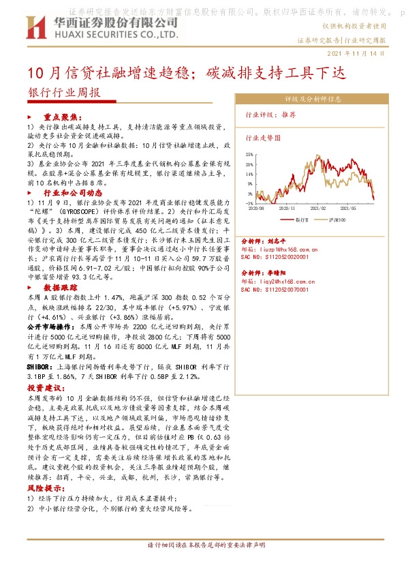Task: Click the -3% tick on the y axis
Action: [250, 202]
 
